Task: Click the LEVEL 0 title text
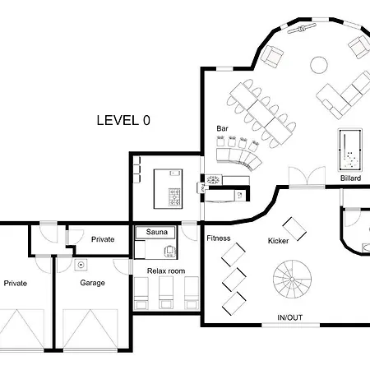pos(123,120)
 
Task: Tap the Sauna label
pos(156,232)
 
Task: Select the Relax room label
pos(166,271)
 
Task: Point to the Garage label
pos(92,283)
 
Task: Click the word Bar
pos(222,128)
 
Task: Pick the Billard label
pos(350,178)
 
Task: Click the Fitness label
pos(219,238)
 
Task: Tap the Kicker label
pos(278,241)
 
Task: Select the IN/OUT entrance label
pos(290,317)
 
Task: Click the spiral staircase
pos(292,279)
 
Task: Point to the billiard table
pos(350,150)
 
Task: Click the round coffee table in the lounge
pos(319,65)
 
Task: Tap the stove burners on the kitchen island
pos(174,197)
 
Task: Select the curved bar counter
pos(239,160)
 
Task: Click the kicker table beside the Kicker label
pos(294,229)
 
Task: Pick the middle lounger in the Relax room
pos(166,293)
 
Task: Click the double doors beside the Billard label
pos(307,177)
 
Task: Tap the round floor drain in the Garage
pos(81,265)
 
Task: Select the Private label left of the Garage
pos(16,283)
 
